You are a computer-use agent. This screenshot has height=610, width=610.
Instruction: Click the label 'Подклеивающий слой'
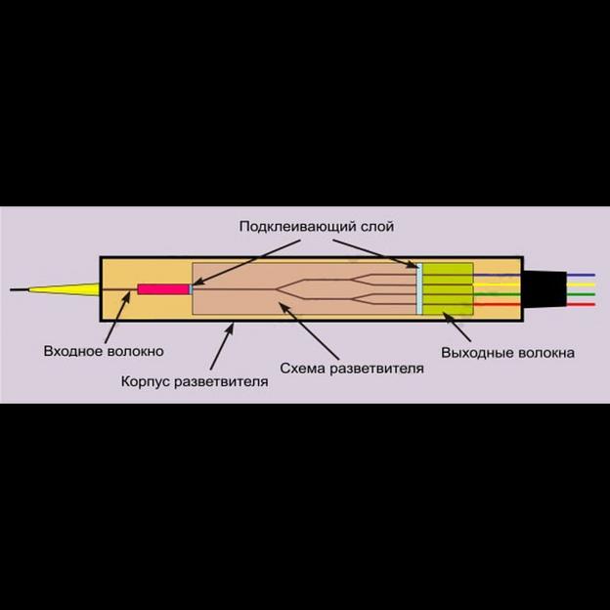[x=316, y=226]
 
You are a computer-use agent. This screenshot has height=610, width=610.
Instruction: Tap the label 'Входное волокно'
[x=104, y=351]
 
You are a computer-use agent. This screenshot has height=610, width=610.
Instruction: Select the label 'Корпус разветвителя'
[x=195, y=380]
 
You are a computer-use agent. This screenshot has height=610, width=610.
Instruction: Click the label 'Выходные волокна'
[x=507, y=352]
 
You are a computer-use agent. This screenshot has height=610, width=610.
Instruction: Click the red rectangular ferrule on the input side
[x=162, y=289]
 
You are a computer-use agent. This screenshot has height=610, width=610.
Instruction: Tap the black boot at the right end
[x=544, y=289]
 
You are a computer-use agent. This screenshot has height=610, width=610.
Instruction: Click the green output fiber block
[x=448, y=289]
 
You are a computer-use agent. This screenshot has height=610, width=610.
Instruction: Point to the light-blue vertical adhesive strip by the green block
[x=419, y=289]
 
